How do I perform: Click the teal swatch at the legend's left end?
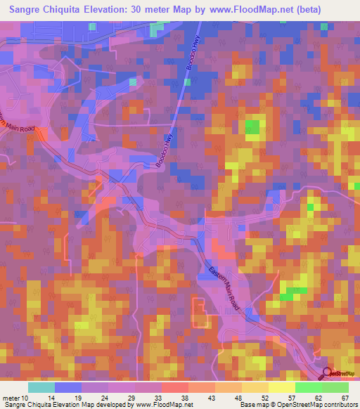pyautogui.click(x=42, y=387)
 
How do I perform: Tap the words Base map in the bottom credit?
pyautogui.click(x=252, y=405)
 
